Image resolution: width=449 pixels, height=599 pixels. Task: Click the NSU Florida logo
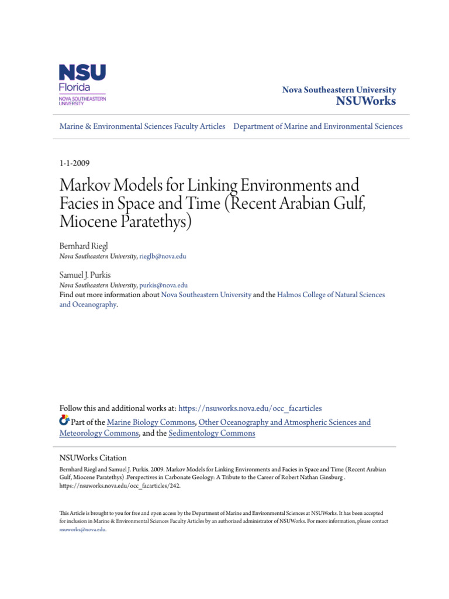[82, 85]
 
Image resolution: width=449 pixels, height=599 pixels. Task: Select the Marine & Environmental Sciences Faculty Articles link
[142, 126]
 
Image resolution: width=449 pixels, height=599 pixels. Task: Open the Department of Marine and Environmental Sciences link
[318, 126]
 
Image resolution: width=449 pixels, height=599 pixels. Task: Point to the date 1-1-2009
[75, 163]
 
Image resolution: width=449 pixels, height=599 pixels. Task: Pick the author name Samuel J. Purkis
[84, 275]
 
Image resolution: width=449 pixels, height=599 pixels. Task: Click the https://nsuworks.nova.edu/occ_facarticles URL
[250, 408]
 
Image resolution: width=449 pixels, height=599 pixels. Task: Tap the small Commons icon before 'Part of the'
[64, 421]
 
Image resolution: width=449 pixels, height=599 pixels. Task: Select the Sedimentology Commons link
[212, 433]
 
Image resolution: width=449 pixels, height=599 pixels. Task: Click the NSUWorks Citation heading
[93, 458]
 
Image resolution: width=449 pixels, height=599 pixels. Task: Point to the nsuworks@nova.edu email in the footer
[82, 529]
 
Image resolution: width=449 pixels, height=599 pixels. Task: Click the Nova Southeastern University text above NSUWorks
[339, 90]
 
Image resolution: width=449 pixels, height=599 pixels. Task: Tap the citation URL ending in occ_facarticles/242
[116, 486]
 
